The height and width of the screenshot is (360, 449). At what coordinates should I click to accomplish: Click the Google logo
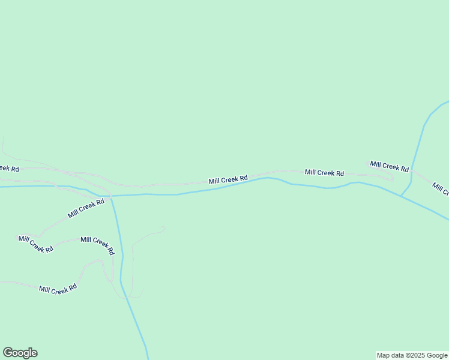coord(20,353)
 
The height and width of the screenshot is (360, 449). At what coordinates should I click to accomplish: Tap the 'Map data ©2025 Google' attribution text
coord(412,355)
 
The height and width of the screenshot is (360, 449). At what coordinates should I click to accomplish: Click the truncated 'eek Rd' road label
coord(8,169)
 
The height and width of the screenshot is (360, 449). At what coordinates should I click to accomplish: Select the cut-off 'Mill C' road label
coord(441,189)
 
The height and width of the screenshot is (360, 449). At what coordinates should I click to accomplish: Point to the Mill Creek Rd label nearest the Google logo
coord(58,289)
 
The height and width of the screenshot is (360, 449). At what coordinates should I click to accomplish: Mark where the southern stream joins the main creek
coord(112,196)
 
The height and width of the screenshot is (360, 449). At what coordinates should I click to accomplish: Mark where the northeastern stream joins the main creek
coord(401,194)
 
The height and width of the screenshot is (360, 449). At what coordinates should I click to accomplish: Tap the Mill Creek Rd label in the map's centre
coord(228,179)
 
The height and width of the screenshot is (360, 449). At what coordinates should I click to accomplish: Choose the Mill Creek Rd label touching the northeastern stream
coord(389,165)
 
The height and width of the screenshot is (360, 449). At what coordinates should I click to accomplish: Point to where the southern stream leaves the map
coord(148,358)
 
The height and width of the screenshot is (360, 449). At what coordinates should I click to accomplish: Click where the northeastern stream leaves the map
coord(447,101)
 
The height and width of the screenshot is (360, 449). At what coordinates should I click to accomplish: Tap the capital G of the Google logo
coord(8,353)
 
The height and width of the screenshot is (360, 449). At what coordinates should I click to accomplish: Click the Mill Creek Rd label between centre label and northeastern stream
coord(324,173)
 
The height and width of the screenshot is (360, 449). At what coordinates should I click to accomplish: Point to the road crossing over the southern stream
coord(110,195)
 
